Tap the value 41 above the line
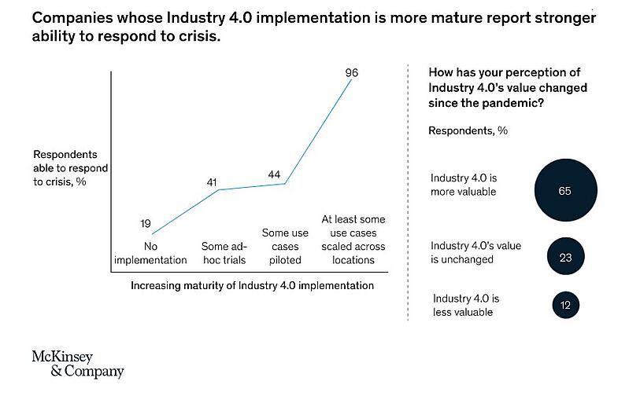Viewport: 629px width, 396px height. tap(211, 182)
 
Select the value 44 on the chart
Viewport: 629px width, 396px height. tap(275, 174)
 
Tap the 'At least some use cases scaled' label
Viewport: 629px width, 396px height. tap(354, 239)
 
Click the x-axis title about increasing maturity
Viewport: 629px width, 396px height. tap(251, 285)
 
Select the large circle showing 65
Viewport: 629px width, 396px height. tap(564, 191)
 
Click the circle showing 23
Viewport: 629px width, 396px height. tap(564, 257)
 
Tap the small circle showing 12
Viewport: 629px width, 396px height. tap(564, 304)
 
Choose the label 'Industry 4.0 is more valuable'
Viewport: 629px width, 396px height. tap(464, 185)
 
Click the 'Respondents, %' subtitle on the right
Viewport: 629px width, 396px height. tap(468, 130)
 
